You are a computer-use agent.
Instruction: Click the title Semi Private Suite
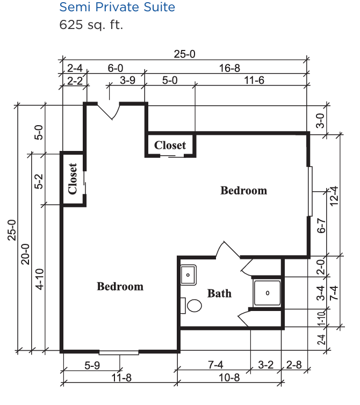tap(117, 7)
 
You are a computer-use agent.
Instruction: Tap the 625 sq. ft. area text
tap(91, 25)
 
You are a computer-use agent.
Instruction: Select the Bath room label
tap(219, 293)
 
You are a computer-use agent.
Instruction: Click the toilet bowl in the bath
tap(194, 306)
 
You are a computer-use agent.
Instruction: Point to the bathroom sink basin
tap(188, 275)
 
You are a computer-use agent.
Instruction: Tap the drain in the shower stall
tap(268, 293)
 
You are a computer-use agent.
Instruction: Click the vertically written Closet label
tap(73, 179)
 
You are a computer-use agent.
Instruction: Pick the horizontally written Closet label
tap(170, 145)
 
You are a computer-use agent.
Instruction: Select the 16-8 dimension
tap(229, 68)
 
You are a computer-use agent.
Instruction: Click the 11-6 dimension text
tap(254, 81)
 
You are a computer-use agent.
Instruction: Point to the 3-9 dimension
tap(127, 81)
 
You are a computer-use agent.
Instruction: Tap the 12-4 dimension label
tap(334, 196)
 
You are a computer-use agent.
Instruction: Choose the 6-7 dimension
tap(321, 226)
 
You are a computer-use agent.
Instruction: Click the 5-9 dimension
tap(92, 365)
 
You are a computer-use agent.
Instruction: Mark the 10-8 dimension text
tap(229, 378)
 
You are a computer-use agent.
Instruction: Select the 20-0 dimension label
tap(25, 254)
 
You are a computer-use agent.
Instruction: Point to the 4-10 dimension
tap(40, 279)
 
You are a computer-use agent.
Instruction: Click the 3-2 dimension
tap(265, 365)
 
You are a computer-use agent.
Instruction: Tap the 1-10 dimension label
tap(321, 319)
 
